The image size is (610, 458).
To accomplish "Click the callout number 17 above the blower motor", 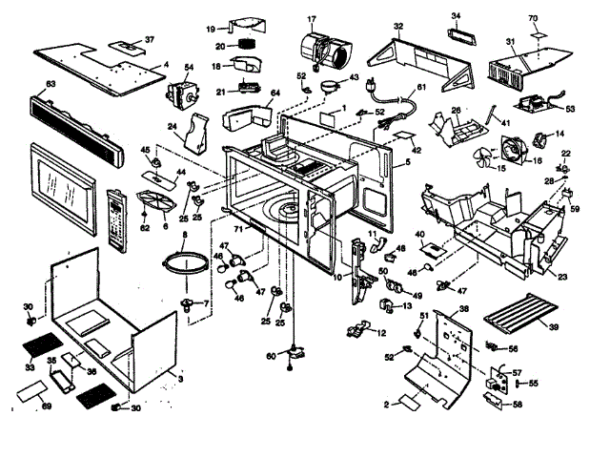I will (311, 19).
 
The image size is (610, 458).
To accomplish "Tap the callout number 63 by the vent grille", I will (51, 86).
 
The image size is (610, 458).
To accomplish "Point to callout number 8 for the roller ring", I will (172, 235).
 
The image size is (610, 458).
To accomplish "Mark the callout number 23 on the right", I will (562, 278).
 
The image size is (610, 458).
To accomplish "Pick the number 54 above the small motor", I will (189, 68).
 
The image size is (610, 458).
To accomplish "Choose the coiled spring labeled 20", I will (248, 44).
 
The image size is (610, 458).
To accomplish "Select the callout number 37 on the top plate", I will (150, 40).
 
